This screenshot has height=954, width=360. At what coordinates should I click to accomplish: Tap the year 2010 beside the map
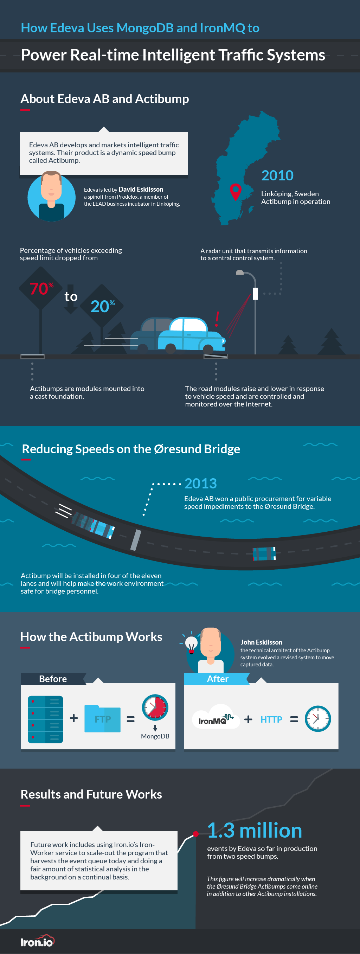pyautogui.click(x=277, y=175)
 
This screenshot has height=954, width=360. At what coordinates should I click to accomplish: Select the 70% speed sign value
pyautogui.click(x=41, y=288)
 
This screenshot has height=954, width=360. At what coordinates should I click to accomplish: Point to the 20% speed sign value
pyautogui.click(x=103, y=306)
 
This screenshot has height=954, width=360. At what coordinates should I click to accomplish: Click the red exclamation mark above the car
pyautogui.click(x=217, y=319)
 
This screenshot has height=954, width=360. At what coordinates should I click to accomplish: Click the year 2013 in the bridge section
pyautogui.click(x=200, y=483)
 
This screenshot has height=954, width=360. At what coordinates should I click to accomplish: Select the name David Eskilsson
pyautogui.click(x=141, y=189)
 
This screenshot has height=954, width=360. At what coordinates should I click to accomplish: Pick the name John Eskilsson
pyautogui.click(x=262, y=642)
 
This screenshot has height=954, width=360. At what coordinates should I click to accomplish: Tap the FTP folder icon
pyautogui.click(x=103, y=719)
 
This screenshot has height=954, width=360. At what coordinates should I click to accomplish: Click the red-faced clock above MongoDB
pyautogui.click(x=155, y=707)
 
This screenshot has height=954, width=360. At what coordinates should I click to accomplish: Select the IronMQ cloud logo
pyautogui.click(x=216, y=717)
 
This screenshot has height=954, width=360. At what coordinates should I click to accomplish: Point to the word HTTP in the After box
pyautogui.click(x=271, y=719)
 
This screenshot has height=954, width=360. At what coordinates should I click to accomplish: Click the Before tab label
pyautogui.click(x=53, y=679)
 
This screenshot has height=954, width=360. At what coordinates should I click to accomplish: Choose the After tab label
pyautogui.click(x=217, y=679)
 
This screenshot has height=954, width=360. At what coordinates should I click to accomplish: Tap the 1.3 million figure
pyautogui.click(x=255, y=830)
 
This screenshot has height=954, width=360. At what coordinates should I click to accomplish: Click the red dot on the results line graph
pyautogui.click(x=196, y=834)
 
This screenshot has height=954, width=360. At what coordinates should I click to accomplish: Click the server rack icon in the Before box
pyautogui.click(x=46, y=719)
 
